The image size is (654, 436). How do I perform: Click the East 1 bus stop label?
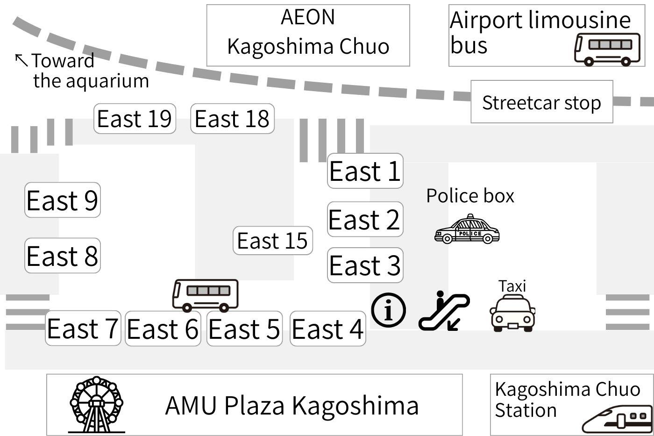(x=365, y=171)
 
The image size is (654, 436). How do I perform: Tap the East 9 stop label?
(x=62, y=200)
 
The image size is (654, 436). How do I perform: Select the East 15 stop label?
(x=272, y=241)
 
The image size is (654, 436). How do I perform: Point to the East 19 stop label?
(x=135, y=119)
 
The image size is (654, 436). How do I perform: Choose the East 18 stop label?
(x=232, y=119)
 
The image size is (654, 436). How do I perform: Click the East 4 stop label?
(x=327, y=329)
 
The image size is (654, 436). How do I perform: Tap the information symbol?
(x=389, y=310)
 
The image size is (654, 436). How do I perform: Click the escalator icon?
(x=444, y=311)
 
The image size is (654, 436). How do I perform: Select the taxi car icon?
(x=512, y=313)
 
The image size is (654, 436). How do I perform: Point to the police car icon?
(x=467, y=230)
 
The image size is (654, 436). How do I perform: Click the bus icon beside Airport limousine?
(x=607, y=49)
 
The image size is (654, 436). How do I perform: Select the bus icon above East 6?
(x=206, y=295)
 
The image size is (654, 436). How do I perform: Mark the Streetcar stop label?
(x=541, y=102)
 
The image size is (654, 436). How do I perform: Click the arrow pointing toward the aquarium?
(x=21, y=59)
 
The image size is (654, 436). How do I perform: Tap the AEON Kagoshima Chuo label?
(x=308, y=32)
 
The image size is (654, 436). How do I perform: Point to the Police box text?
(x=470, y=196)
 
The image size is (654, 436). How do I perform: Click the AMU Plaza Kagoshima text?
(x=292, y=405)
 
